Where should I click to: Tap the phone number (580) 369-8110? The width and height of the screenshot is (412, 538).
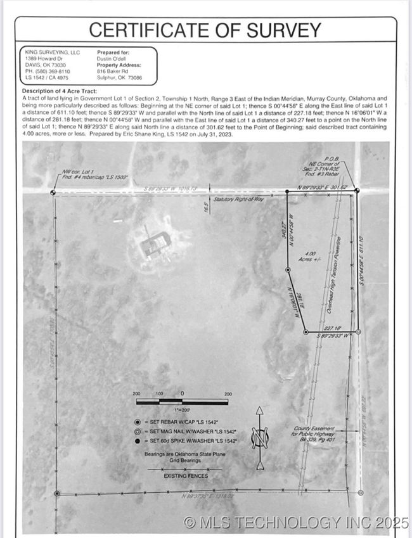[x=49, y=72]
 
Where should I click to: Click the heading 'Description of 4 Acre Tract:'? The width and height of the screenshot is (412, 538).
[x=59, y=92]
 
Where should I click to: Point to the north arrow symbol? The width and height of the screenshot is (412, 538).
[x=259, y=439]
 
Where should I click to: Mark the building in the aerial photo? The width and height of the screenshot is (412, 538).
[x=155, y=243]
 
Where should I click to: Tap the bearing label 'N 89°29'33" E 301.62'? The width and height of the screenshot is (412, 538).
[x=323, y=188]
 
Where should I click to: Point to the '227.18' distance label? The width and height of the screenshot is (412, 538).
[x=333, y=328]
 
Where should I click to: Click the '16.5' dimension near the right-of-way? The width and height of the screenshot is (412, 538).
[x=205, y=207]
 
